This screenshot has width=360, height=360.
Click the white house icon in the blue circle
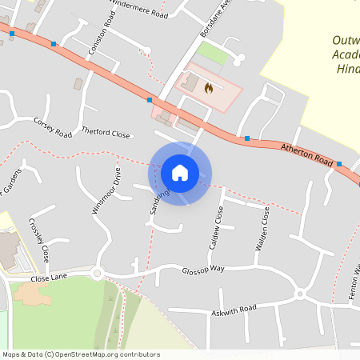(180, 173)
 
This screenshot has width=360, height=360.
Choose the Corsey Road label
(53, 126)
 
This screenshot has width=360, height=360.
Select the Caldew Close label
(216, 226)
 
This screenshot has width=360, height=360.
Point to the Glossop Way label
(202, 270)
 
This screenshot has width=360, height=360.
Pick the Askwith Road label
(234, 309)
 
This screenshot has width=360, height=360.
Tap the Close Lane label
(50, 278)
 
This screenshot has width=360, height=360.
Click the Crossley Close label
(39, 240)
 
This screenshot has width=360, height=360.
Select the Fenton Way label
(354, 281)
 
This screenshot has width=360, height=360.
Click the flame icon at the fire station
(210, 87)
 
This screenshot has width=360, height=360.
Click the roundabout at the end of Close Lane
(98, 274)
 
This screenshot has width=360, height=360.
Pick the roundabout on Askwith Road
(300, 294)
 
